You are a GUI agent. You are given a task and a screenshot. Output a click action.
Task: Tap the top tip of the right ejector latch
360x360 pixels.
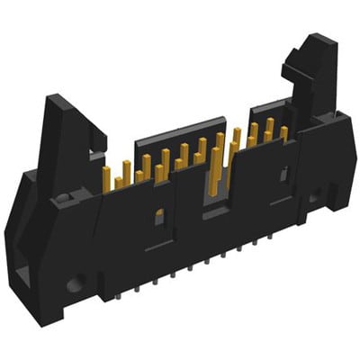pyautogui.click(x=317, y=40)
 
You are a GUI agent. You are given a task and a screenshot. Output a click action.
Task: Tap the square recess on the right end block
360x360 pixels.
pyautogui.click(x=313, y=197)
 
